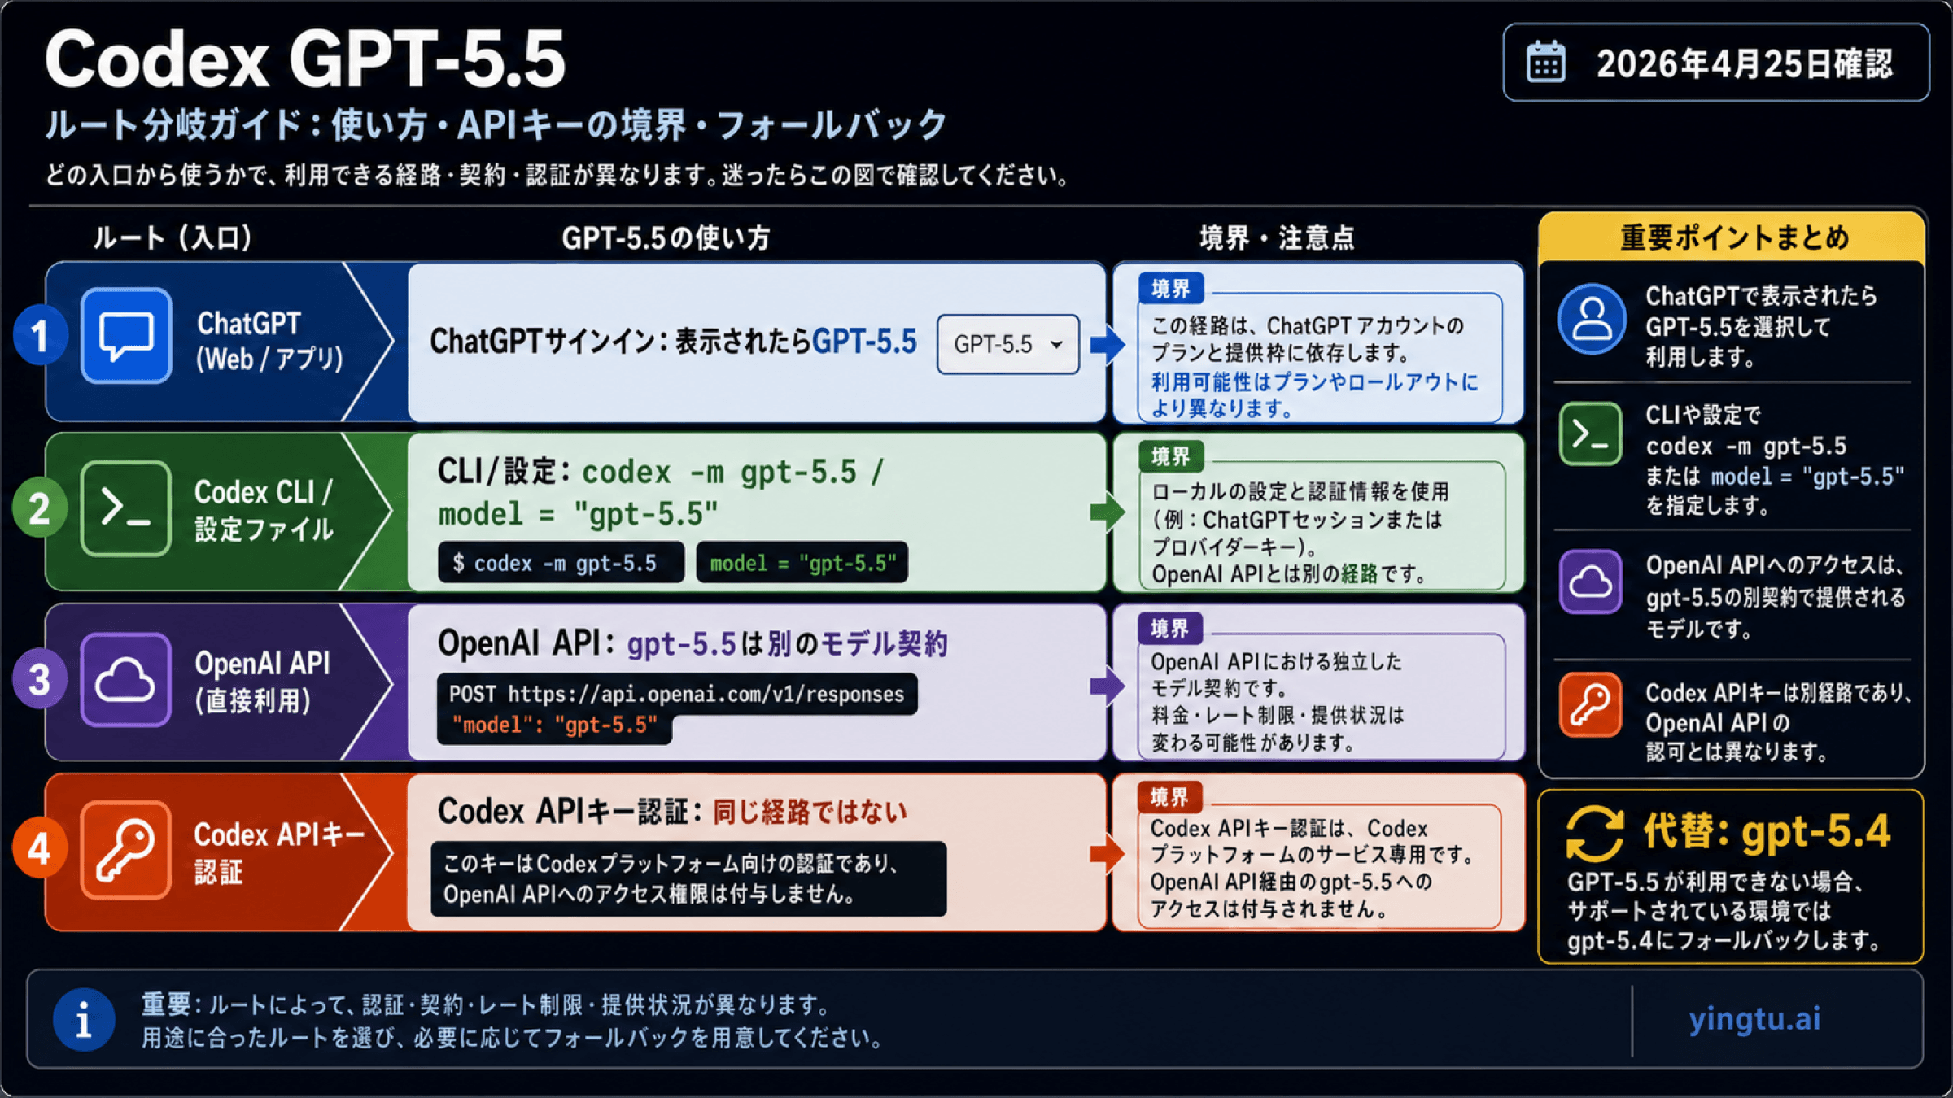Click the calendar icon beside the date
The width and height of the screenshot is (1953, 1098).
pyautogui.click(x=1545, y=63)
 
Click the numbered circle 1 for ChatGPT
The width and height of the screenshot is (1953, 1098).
pyautogui.click(x=39, y=336)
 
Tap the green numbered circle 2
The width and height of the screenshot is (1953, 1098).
pyautogui.click(x=39, y=509)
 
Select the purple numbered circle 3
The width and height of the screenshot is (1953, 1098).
pyautogui.click(x=39, y=680)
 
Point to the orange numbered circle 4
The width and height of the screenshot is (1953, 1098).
pyautogui.click(x=39, y=850)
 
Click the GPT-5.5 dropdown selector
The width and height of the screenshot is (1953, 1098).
pyautogui.click(x=1007, y=344)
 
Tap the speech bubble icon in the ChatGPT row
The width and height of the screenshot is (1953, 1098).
pyautogui.click(x=126, y=335)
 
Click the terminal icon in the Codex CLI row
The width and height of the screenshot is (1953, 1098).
pyautogui.click(x=126, y=508)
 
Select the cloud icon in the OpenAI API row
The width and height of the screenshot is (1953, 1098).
pyautogui.click(x=125, y=679)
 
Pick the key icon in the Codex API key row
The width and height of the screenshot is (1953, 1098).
pyautogui.click(x=125, y=850)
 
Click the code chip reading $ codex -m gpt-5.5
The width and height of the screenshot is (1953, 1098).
pyautogui.click(x=561, y=563)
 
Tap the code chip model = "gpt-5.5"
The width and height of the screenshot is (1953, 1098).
pyautogui.click(x=802, y=563)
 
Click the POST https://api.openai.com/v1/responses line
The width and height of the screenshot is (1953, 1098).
pyautogui.click(x=676, y=694)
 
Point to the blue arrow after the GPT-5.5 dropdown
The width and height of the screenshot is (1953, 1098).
pyautogui.click(x=1107, y=344)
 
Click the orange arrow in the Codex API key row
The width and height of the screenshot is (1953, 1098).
pyautogui.click(x=1107, y=853)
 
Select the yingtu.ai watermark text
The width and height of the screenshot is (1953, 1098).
pyautogui.click(x=1754, y=1018)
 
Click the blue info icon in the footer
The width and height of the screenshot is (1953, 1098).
pyautogui.click(x=84, y=1019)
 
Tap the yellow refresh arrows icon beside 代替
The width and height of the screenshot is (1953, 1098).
pyautogui.click(x=1594, y=833)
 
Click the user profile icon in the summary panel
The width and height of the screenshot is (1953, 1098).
pyautogui.click(x=1592, y=319)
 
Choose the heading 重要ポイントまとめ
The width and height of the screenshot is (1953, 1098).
pyautogui.click(x=1734, y=237)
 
